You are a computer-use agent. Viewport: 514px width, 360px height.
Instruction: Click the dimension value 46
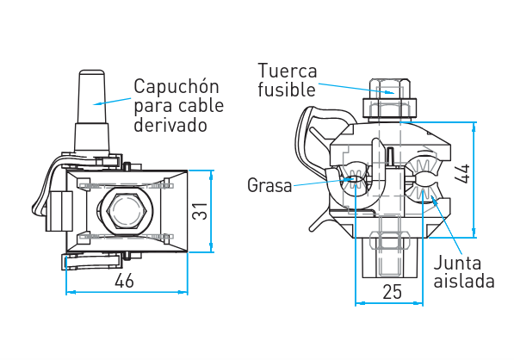point(124,281)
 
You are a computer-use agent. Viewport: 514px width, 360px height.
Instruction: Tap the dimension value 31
point(200,211)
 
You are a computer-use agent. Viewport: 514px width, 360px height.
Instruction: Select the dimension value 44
point(462,173)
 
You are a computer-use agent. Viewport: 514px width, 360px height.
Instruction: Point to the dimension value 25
point(392,291)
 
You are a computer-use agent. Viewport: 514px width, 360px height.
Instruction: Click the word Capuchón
point(176,87)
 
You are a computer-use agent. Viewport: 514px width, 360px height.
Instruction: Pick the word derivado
point(170,125)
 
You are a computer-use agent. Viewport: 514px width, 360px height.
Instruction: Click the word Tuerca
point(288,71)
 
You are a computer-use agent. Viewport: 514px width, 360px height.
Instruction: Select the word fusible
point(287,90)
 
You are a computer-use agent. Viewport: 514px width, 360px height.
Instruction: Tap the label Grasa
point(269,185)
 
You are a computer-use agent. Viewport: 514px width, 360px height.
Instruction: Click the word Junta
point(457,263)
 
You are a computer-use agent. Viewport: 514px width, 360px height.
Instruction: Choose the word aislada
point(464,281)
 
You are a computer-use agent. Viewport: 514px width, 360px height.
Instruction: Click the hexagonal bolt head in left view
point(126,211)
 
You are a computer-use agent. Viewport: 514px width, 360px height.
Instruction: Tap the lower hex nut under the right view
point(390,242)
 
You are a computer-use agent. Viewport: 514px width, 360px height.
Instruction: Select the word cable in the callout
point(201,106)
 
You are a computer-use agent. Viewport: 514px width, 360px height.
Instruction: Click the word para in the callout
point(154,107)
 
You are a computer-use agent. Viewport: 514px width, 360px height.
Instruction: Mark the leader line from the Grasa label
point(323,183)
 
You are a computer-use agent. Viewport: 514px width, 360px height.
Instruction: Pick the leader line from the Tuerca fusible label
point(356,89)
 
